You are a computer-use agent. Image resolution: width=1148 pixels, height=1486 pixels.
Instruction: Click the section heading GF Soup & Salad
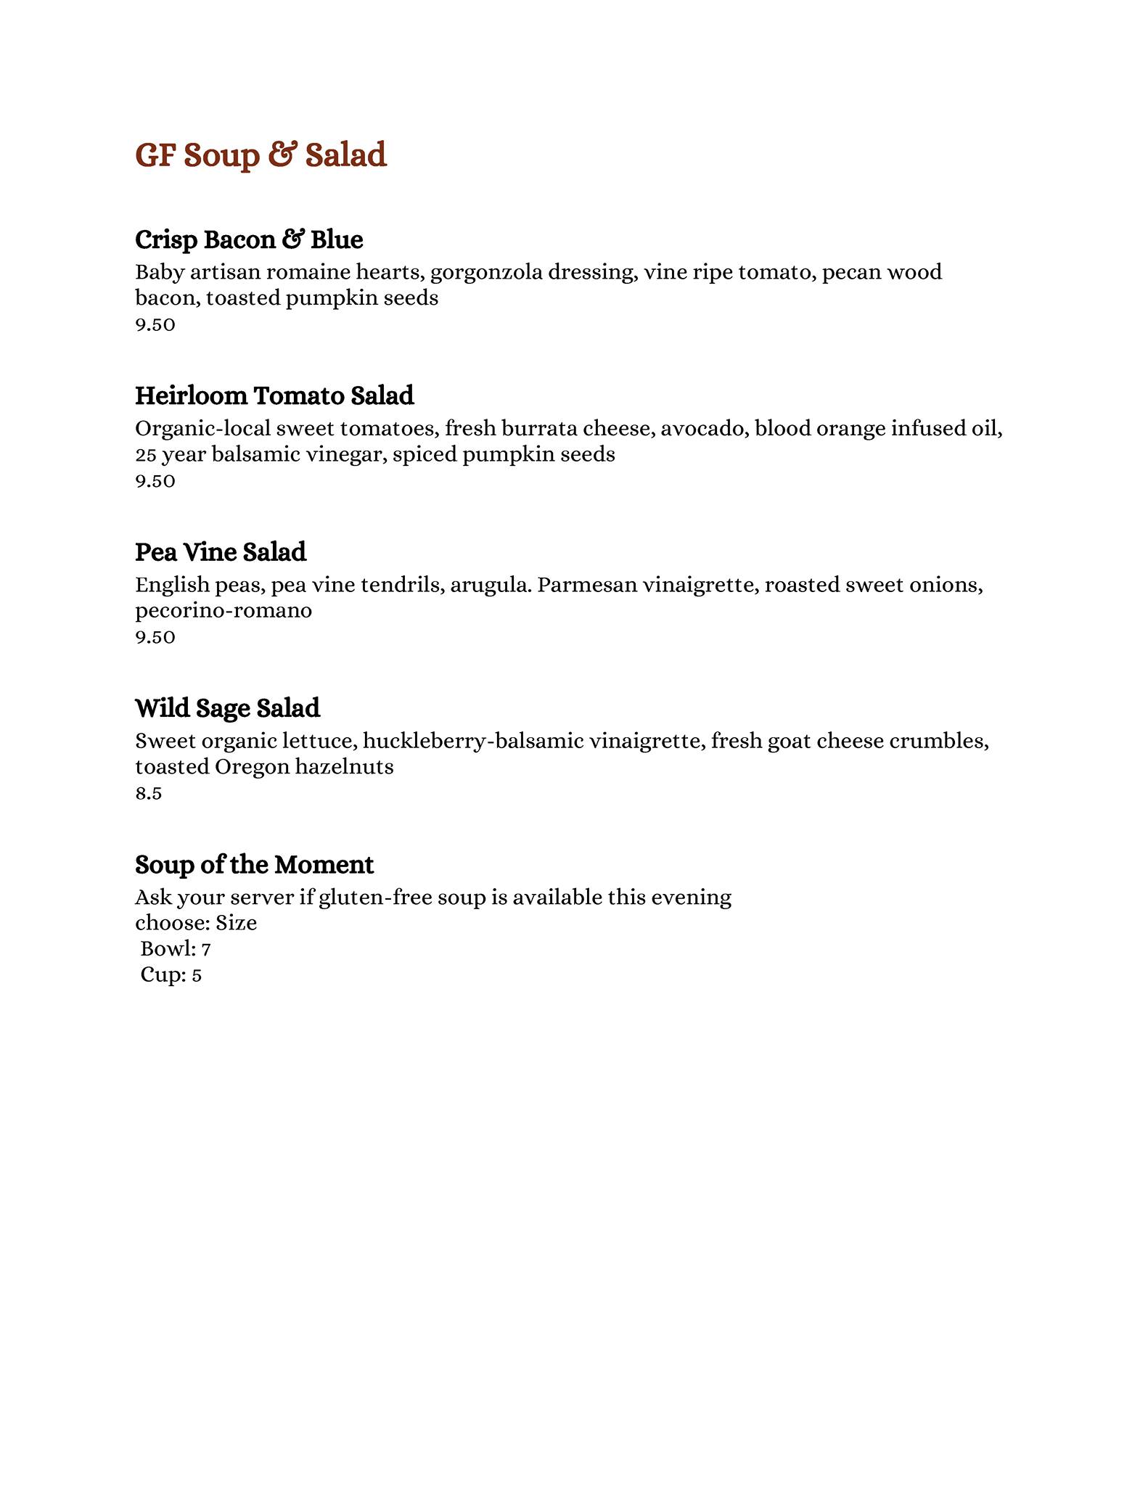pos(261,155)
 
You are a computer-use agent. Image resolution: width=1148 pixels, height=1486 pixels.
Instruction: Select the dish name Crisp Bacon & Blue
pos(249,239)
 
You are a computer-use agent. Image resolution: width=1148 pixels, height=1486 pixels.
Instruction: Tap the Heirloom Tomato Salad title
pos(274,395)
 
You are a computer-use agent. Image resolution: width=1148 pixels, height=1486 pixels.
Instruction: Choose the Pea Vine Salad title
pos(221,552)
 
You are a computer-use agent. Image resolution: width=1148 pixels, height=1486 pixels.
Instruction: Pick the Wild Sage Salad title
pos(227,708)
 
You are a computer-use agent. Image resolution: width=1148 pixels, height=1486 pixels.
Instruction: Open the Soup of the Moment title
pos(254,865)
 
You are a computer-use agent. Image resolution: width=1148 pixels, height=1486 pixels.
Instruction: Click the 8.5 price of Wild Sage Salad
pos(148,794)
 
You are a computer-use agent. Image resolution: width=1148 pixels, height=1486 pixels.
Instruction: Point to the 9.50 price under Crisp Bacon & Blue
pos(155,324)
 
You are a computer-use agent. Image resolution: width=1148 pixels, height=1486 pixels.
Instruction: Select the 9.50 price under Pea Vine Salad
pos(155,637)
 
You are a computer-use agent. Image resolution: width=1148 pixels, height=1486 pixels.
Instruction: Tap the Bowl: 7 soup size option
pos(176,949)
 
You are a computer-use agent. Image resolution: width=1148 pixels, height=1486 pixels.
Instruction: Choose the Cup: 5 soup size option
pos(171,975)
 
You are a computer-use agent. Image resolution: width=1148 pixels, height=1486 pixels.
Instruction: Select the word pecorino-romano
pos(224,611)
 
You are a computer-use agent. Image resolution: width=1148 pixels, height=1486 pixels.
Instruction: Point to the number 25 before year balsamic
pos(145,455)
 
